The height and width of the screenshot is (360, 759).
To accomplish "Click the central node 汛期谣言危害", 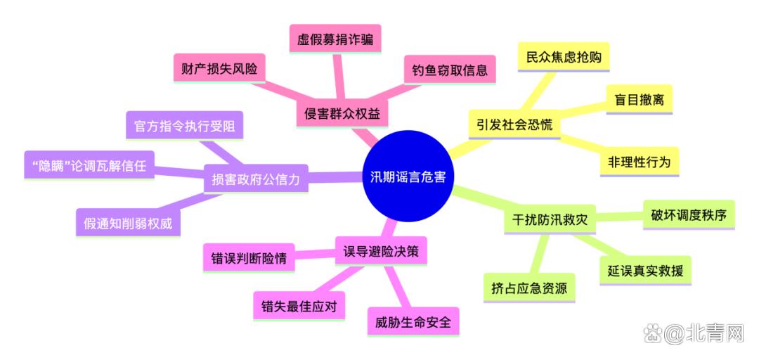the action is point(408,176).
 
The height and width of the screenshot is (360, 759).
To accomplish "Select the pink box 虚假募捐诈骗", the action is point(335,39).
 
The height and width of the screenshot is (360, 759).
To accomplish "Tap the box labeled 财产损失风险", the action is point(219,69).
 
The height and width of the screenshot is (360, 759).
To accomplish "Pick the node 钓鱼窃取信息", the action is point(450,70).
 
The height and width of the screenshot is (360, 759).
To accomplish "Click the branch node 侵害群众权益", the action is point(342,113).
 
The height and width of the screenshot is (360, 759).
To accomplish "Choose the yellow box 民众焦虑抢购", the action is point(564,58).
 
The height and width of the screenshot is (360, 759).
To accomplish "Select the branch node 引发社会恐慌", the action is point(514,124).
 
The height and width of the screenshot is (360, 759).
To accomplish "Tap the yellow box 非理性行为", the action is point(639,162).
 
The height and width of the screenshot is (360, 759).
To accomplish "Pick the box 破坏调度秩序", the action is point(689,214).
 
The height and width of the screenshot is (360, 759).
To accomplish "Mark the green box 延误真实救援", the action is point(646,271).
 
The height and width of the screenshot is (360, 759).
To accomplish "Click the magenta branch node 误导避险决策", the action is point(380,251).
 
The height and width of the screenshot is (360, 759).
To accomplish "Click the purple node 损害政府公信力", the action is point(256,179).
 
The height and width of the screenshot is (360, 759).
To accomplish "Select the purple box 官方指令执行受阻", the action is point(184,126).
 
